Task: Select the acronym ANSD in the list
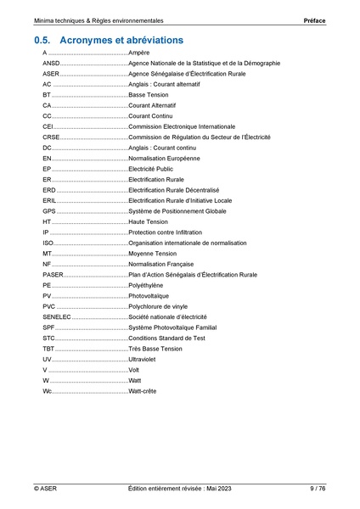click(x=51, y=64)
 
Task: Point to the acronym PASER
click(x=53, y=274)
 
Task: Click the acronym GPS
click(x=49, y=211)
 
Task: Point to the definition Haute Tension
click(x=148, y=221)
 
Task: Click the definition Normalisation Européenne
click(x=165, y=159)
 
